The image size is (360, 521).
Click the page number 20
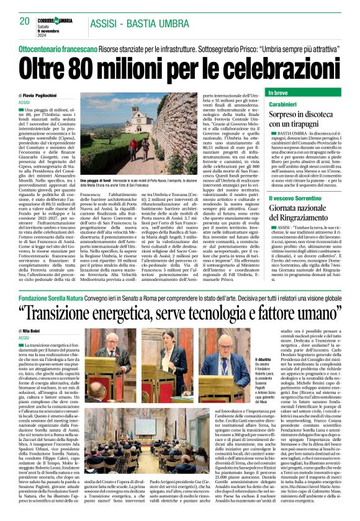point(25,21)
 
